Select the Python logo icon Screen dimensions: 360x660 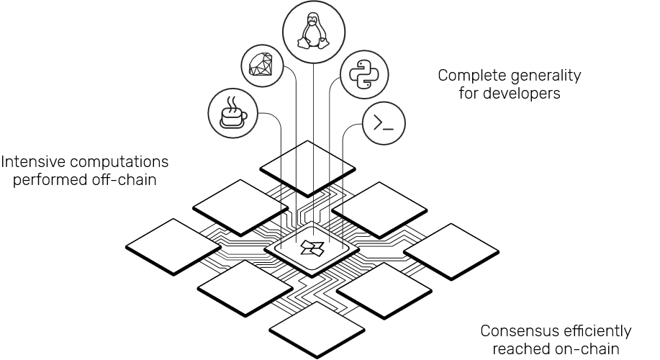364,73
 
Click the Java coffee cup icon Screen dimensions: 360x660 232,112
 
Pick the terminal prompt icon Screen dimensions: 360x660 383,124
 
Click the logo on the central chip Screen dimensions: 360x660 312,248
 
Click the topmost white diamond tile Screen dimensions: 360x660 308,167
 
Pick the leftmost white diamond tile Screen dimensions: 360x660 173,246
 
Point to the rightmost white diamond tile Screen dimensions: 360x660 451,249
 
